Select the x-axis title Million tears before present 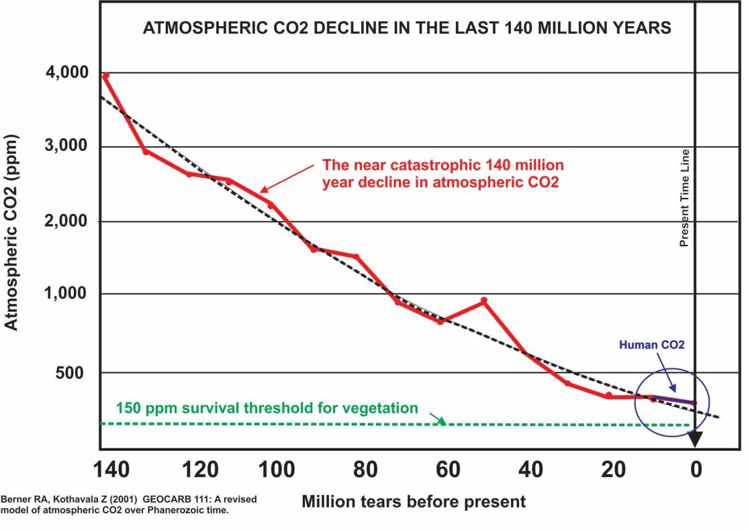(414, 501)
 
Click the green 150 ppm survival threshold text (267, 408)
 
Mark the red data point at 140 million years (105, 76)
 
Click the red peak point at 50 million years (483, 301)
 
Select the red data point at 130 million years (146, 152)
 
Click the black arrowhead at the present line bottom (695, 439)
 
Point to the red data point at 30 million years (567, 384)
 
